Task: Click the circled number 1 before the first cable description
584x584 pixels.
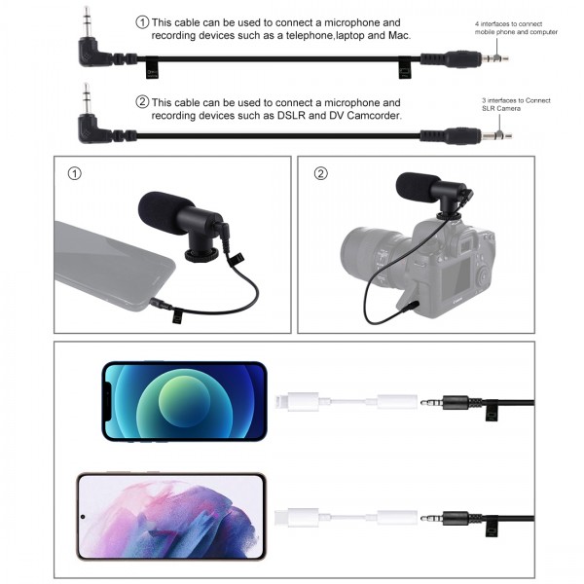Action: click(x=142, y=21)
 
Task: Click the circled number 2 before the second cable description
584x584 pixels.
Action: click(x=142, y=101)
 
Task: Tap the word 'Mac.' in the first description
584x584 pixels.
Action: click(x=399, y=36)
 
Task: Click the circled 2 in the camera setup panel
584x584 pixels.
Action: click(x=321, y=174)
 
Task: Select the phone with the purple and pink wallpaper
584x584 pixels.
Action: click(x=171, y=516)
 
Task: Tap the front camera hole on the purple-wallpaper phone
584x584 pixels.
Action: click(x=85, y=516)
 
